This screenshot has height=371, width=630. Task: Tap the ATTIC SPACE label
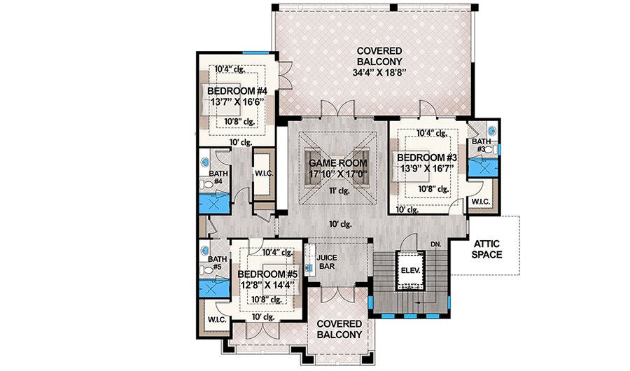486,248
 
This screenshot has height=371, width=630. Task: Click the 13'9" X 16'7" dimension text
427,169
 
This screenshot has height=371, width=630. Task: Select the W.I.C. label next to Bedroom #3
481,202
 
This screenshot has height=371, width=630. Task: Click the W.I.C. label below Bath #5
215,319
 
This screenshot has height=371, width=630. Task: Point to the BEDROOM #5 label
268,274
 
